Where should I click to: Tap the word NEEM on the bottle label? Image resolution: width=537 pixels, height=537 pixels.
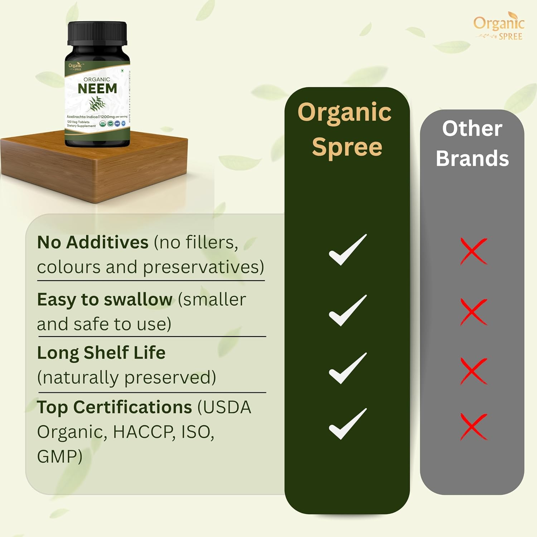[97, 88]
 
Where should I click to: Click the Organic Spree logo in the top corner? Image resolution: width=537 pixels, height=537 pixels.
[499, 26]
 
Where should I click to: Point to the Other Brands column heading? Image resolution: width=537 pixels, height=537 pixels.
[472, 143]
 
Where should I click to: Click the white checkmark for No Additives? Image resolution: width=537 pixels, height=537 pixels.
[347, 250]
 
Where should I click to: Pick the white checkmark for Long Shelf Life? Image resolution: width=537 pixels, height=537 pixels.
[347, 368]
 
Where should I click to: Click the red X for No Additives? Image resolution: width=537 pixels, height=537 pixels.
[474, 251]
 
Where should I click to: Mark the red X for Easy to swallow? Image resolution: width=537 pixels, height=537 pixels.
[474, 312]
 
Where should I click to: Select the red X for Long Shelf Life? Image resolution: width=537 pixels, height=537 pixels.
[474, 371]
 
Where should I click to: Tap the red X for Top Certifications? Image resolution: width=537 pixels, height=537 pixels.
[474, 426]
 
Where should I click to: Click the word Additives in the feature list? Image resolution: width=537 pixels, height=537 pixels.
[107, 242]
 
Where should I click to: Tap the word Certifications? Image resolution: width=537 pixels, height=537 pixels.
[132, 407]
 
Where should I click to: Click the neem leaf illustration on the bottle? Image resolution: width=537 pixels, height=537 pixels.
[97, 104]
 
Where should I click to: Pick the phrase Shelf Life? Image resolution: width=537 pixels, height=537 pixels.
[125, 353]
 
